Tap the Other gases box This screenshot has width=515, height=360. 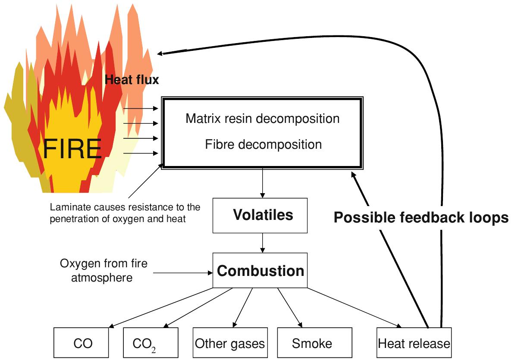(229, 343)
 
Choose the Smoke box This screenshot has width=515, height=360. (312, 343)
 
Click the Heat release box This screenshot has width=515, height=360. (414, 343)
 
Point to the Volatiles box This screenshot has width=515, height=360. (260, 215)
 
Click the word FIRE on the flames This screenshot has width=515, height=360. (72, 149)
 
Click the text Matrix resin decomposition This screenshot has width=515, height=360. (262, 118)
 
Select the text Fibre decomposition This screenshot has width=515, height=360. (263, 144)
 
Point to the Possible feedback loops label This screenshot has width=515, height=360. (421, 218)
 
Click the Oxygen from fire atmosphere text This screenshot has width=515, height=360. (104, 270)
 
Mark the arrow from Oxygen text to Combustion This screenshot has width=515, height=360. (183, 272)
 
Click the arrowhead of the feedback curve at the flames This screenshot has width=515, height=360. (160, 53)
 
